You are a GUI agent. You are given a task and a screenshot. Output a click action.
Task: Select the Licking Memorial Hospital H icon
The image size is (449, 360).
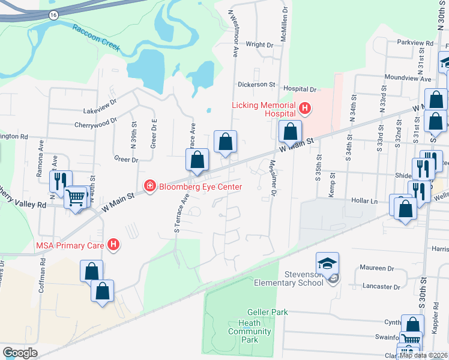305,109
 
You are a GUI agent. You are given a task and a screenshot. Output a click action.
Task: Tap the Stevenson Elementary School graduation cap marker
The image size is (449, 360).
328,263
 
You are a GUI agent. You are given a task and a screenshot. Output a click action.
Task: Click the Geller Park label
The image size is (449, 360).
268,312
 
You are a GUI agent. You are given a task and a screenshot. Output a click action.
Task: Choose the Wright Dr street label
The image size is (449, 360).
259,44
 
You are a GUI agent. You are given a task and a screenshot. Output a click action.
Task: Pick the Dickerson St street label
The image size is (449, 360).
256,85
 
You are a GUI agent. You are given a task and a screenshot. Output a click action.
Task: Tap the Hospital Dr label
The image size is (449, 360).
299,89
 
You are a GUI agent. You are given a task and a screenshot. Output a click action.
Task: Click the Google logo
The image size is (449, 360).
20,353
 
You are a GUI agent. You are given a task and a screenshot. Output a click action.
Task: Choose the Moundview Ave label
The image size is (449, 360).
408,79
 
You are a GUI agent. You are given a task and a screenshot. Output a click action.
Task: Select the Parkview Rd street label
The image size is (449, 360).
415,43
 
